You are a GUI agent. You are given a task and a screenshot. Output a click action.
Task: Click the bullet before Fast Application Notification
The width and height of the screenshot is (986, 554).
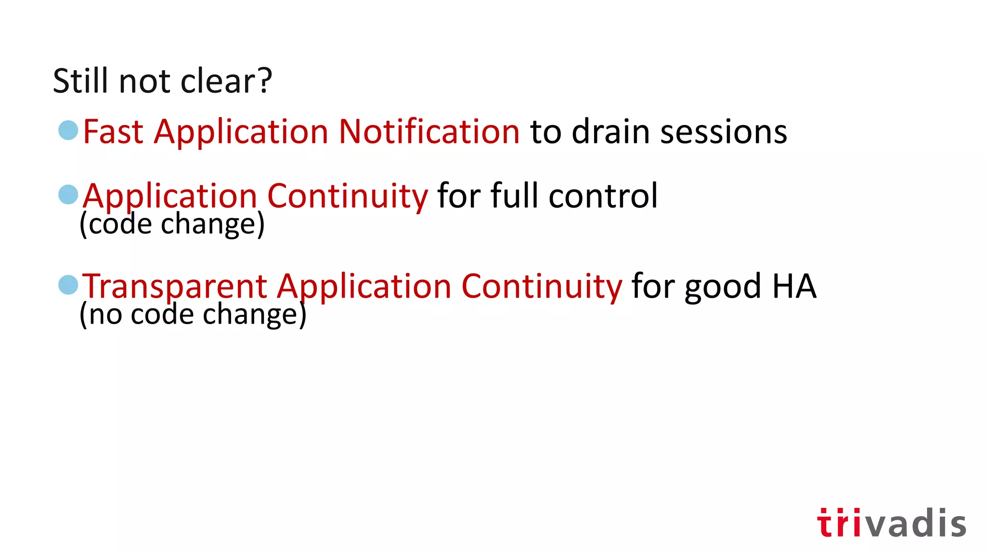pyautogui.click(x=68, y=130)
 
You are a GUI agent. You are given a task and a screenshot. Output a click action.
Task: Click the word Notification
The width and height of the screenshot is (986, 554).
pyautogui.click(x=429, y=132)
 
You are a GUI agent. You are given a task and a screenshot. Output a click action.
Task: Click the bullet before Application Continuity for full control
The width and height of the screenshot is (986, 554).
pyautogui.click(x=68, y=195)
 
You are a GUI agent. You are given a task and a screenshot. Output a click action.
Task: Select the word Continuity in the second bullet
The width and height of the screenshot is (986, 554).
pyautogui.click(x=347, y=196)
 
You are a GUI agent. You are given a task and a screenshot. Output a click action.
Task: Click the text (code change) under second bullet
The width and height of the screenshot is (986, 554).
pyautogui.click(x=172, y=224)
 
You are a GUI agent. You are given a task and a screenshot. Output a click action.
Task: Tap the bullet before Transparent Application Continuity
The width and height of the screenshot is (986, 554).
pyautogui.click(x=68, y=285)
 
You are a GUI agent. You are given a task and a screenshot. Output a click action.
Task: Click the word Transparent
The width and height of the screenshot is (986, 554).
pyautogui.click(x=175, y=287)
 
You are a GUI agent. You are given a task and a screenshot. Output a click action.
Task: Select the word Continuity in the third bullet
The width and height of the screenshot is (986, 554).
pyautogui.click(x=542, y=287)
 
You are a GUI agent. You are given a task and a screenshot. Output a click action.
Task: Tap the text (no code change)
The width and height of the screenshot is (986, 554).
pyautogui.click(x=193, y=315)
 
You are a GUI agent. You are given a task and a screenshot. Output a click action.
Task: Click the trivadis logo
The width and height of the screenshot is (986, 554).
pyautogui.click(x=891, y=523)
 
